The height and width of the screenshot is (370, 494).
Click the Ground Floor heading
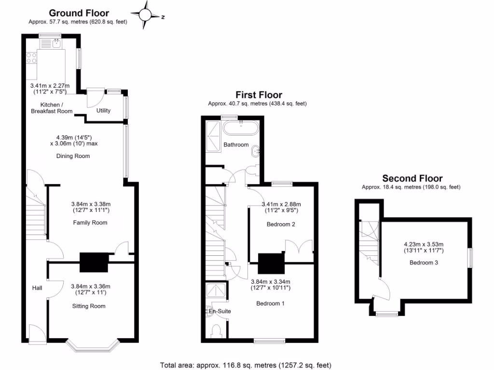[x=79, y=13]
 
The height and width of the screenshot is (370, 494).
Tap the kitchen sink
[x=56, y=45]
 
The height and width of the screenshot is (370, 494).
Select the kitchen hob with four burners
[x=31, y=58]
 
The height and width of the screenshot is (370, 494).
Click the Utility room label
[x=103, y=110]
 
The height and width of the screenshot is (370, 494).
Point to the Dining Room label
[x=73, y=156]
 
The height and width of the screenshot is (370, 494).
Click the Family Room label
[x=90, y=223]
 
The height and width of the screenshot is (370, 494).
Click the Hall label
[x=37, y=288]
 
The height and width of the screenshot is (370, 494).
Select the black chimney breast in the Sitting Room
[x=94, y=262]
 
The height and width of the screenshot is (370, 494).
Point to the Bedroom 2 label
[x=280, y=225]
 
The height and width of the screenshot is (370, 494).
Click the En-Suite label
[x=220, y=311]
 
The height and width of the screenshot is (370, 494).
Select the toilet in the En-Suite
[x=217, y=330]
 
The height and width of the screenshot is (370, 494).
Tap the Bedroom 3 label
[x=424, y=263]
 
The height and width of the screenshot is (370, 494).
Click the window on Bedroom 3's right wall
[x=469, y=257]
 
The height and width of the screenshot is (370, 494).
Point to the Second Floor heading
[x=412, y=178]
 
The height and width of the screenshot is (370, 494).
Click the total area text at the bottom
[x=246, y=365]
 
